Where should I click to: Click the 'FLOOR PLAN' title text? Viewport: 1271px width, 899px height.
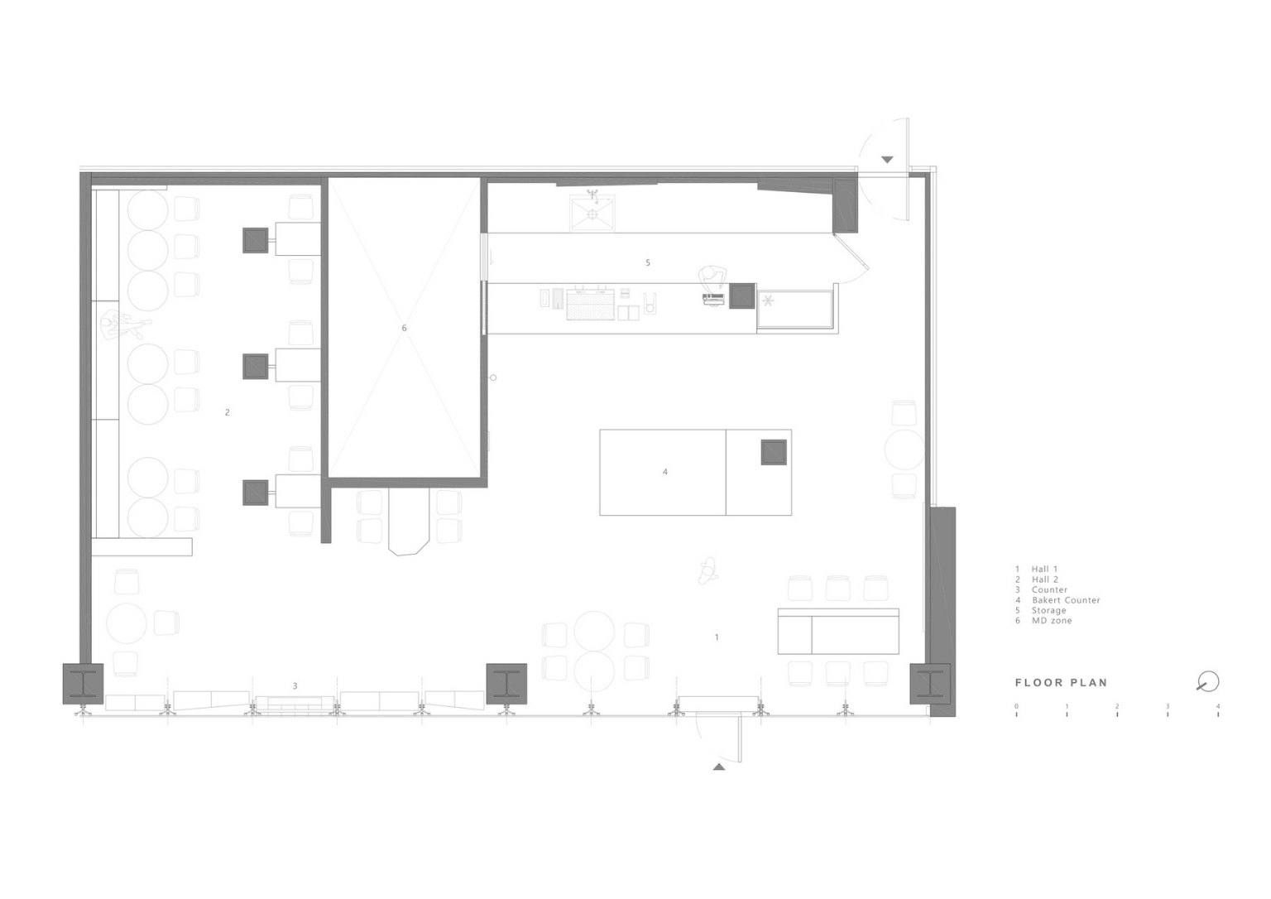coord(1061,683)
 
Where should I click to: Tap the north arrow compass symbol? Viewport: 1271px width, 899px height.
coord(1208,681)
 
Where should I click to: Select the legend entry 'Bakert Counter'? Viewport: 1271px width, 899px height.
coord(1066,600)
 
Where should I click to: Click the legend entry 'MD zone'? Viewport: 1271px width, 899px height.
coord(1052,620)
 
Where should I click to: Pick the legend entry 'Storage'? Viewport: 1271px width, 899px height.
coord(1048,610)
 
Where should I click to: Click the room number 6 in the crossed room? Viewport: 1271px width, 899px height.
coord(404,328)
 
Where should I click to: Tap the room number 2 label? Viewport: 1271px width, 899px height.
coord(227,412)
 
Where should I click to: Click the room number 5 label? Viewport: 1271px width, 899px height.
coord(647,262)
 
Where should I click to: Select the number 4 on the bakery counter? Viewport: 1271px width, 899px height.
coord(665,472)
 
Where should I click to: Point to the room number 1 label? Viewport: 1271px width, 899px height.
coord(717,637)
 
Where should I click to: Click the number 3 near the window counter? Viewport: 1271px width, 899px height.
coord(295,685)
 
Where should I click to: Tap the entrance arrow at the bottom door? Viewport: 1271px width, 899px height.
coord(719,767)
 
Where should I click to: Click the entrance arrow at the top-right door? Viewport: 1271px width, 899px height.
coord(887,160)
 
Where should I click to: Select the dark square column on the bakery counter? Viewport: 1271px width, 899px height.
coord(774,452)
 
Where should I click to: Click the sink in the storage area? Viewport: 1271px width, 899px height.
coord(592,213)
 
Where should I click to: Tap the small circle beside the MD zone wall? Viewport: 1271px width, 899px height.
coord(493,377)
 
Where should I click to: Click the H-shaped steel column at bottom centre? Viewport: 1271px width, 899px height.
coord(506,683)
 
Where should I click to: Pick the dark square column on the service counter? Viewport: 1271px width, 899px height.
coord(742,296)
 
